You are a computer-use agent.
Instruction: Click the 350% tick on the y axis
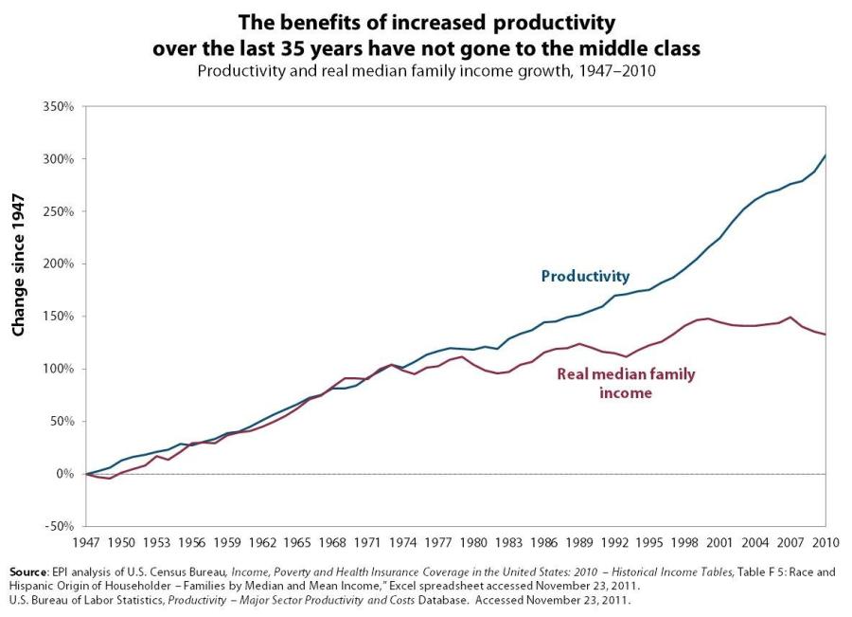59,107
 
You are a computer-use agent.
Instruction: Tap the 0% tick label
63,474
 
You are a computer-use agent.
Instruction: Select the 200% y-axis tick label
59,263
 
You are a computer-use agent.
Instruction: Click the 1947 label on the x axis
87,542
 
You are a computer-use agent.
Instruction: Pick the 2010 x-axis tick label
825,542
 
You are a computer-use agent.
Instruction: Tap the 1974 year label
403,542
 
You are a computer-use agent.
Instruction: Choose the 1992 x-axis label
614,542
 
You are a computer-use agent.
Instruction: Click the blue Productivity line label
585,277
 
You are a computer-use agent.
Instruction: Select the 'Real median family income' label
626,383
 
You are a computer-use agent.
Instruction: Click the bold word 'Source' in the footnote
30,572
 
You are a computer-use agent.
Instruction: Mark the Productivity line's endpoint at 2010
825,155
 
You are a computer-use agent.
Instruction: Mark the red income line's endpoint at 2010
825,335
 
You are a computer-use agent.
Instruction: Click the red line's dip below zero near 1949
110,479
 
